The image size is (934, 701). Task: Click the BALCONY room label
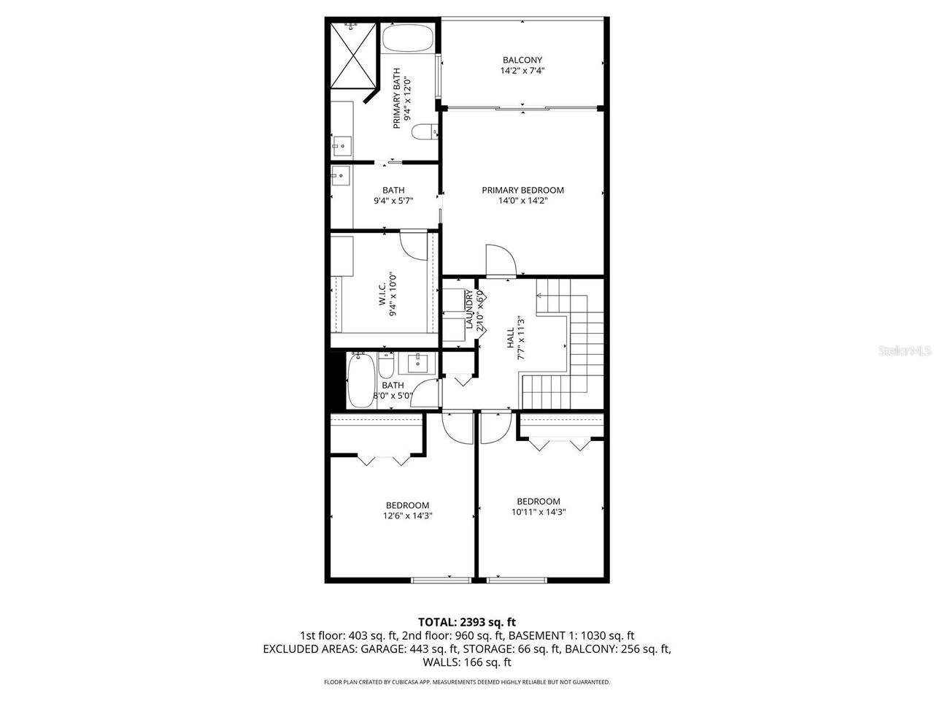point(522,60)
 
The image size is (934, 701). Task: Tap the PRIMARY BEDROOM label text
point(522,190)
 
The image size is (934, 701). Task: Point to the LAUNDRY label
point(470,310)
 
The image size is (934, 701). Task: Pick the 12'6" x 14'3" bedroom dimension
point(407,516)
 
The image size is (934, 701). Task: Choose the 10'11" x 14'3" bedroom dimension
point(539,512)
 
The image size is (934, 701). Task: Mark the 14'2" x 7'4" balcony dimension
point(522,71)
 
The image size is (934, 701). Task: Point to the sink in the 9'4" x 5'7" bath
point(340,176)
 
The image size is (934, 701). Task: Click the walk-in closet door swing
point(414,245)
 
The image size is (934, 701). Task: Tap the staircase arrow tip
point(539,296)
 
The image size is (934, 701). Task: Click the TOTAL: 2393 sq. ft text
point(466,622)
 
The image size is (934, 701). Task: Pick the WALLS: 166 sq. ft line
point(467,662)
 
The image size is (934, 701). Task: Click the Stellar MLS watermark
point(905,351)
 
